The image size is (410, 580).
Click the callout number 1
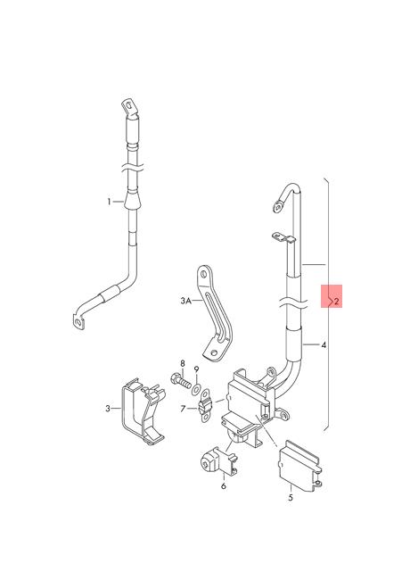click(109, 202)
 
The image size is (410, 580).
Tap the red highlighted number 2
click(336, 301)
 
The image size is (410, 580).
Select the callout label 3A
click(185, 301)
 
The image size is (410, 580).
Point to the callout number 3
click(108, 409)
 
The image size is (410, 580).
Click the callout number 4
click(324, 345)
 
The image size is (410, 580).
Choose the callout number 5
click(291, 498)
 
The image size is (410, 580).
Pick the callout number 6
click(224, 485)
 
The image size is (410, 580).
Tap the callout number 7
click(183, 409)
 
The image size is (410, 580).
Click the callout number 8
click(183, 363)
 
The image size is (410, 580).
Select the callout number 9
click(196, 369)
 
